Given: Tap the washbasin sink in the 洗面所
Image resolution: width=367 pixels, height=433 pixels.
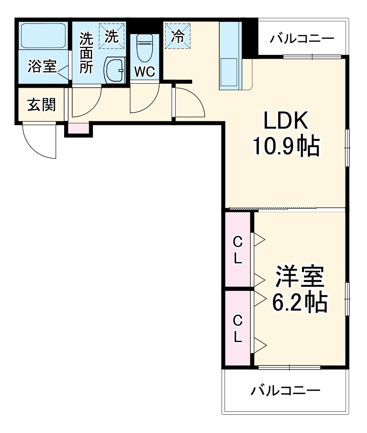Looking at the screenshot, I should pyautogui.click(x=115, y=70).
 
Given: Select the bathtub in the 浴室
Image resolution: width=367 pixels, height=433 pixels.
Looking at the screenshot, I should pyautogui.click(x=43, y=36).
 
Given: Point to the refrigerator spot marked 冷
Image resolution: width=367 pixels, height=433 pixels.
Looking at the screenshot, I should pyautogui.click(x=177, y=36).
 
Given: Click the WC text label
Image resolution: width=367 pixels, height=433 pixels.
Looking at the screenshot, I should pyautogui.click(x=144, y=72).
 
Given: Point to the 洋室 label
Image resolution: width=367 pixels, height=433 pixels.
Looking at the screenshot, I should pyautogui.click(x=300, y=277).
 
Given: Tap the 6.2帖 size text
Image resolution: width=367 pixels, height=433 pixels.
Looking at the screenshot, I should pyautogui.click(x=300, y=302).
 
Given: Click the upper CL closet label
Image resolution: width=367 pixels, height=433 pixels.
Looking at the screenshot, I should pyautogui.click(x=238, y=251).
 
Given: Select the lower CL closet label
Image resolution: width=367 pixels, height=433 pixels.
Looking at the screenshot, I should pyautogui.click(x=238, y=328).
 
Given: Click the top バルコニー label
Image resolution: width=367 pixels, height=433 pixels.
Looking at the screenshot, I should pyautogui.click(x=302, y=39).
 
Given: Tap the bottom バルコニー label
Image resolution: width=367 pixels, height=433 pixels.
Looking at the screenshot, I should pyautogui.click(x=285, y=391).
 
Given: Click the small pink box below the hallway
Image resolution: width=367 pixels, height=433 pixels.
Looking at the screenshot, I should pyautogui.click(x=78, y=128).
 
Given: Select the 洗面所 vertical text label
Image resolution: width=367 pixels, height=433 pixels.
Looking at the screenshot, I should pyautogui.click(x=86, y=53).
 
